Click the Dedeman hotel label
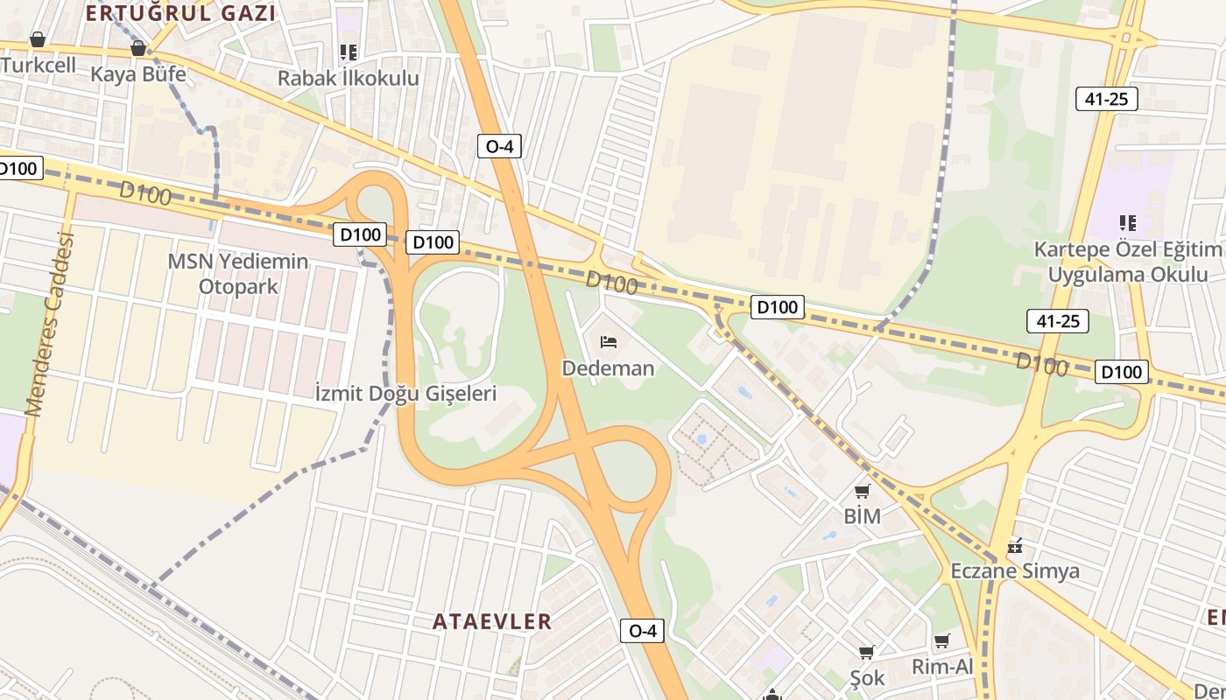[608, 367]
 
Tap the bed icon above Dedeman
[609, 341]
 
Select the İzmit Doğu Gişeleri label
[405, 393]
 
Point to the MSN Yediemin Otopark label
[238, 274]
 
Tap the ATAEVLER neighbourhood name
[492, 621]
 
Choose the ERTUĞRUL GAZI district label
[181, 13]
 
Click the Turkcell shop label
[39, 65]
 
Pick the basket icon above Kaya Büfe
[137, 48]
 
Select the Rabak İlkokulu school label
[349, 78]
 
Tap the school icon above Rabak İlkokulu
[349, 52]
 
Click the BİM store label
[862, 516]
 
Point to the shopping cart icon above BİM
[863, 491]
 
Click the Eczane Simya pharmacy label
[1015, 571]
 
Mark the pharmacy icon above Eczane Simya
[1015, 546]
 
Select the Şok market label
[867, 677]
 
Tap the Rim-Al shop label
[942, 667]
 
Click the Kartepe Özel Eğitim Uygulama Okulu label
[1129, 262]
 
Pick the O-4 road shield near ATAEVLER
[642, 630]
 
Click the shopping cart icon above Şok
[866, 652]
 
